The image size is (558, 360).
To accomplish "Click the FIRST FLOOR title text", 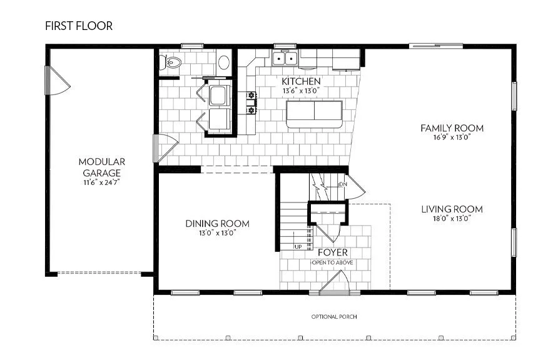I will pyautogui.click(x=78, y=26).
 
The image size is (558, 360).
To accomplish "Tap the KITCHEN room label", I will pyautogui.click(x=301, y=82).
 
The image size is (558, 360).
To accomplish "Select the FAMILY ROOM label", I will pyautogui.click(x=452, y=129).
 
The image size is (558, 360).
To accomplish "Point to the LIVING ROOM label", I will pyautogui.click(x=452, y=209).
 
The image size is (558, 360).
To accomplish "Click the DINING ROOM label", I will pyautogui.click(x=217, y=224).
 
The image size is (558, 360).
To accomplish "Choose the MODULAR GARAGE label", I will pyautogui.click(x=102, y=167).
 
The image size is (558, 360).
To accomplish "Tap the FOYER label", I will pyautogui.click(x=332, y=252).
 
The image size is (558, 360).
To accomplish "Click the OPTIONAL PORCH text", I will pyautogui.click(x=334, y=317).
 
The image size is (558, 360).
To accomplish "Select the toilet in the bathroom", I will pyautogui.click(x=171, y=62).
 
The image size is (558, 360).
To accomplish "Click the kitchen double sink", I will pyautogui.click(x=286, y=59).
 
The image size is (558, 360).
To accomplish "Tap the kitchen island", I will pyautogui.click(x=314, y=113).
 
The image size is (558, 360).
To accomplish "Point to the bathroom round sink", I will pyautogui.click(x=223, y=62).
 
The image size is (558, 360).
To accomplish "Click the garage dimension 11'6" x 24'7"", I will pyautogui.click(x=102, y=183).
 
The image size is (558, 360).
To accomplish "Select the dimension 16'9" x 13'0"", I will pyautogui.click(x=452, y=138).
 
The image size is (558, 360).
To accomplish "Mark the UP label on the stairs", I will pyautogui.click(x=298, y=246).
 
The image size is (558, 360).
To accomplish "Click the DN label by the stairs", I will pyautogui.click(x=342, y=185).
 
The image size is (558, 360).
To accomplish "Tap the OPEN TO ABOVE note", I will pyautogui.click(x=332, y=262).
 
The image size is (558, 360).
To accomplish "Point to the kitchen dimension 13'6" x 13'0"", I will pyautogui.click(x=301, y=91).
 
